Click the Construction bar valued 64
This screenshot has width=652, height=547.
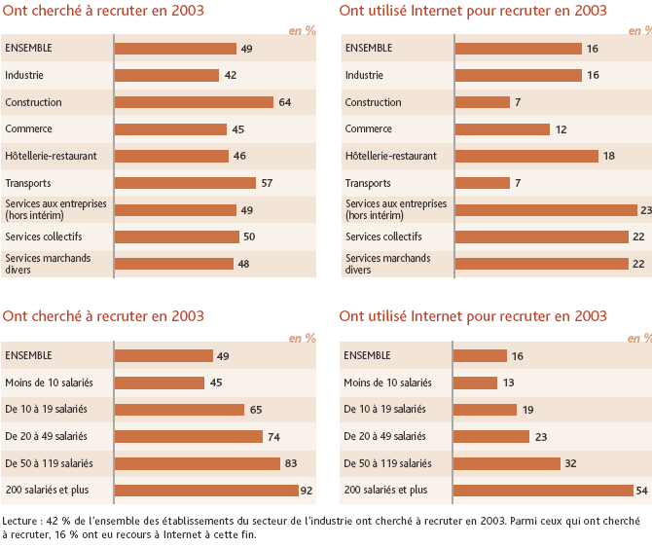click(194, 102)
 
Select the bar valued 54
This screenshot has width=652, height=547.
click(543, 491)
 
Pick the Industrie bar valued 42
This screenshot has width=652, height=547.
click(166, 75)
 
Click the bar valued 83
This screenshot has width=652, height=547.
click(198, 463)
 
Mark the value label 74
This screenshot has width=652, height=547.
click(274, 437)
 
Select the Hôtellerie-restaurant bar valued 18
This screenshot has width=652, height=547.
click(526, 156)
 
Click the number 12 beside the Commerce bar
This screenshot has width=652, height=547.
click(561, 129)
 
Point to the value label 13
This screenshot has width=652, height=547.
click(508, 383)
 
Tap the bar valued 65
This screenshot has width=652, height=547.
click(179, 410)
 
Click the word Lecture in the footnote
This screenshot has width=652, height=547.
click(22, 521)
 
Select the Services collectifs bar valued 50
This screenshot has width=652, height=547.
click(176, 237)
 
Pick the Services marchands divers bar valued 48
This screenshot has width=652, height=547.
click(174, 264)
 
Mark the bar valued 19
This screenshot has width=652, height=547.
click(486, 410)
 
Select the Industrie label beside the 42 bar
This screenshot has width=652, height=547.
click(24, 75)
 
